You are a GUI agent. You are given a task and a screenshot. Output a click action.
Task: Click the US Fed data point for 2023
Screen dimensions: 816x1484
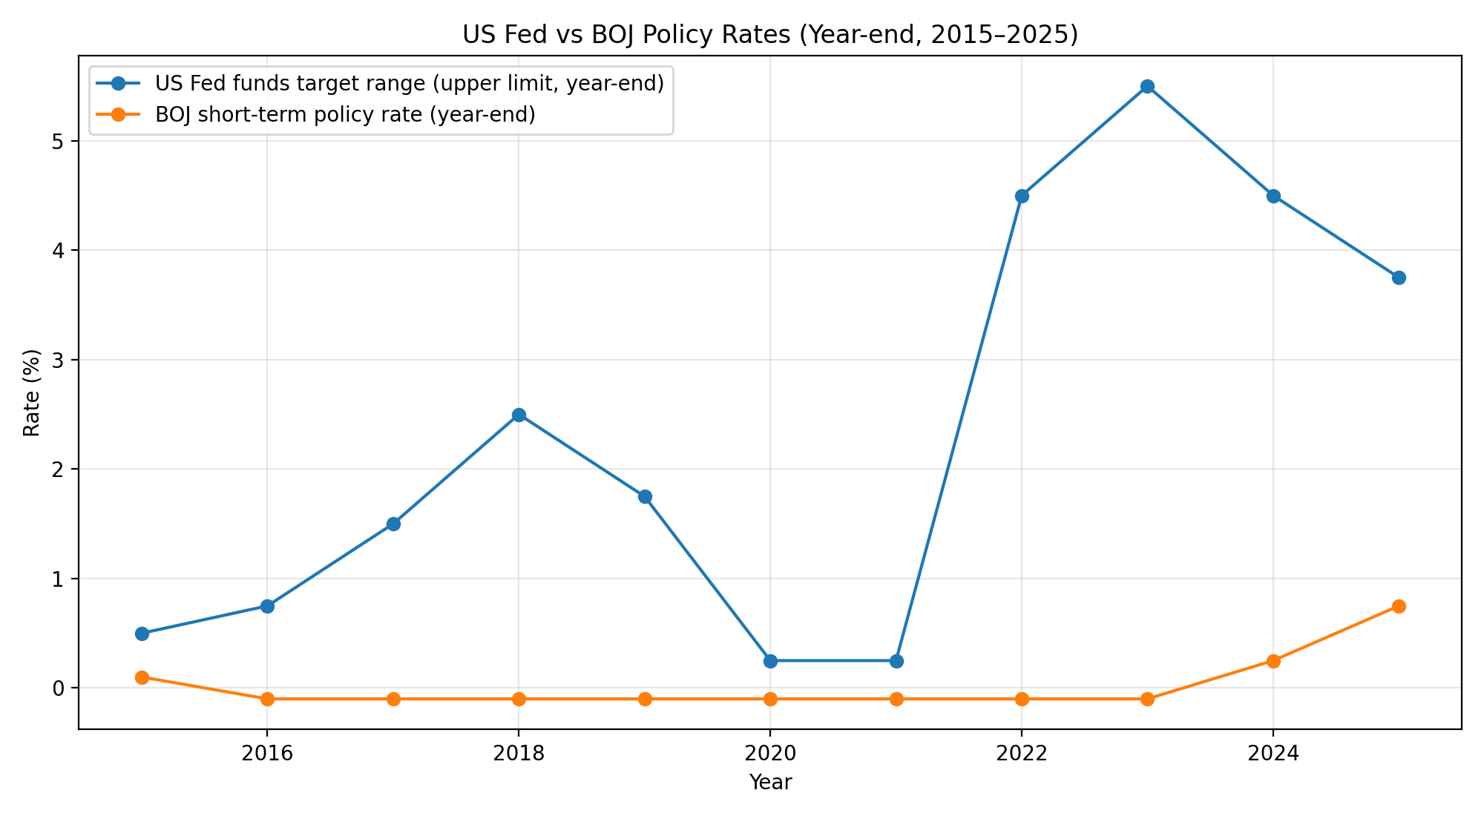pyautogui.click(x=1147, y=87)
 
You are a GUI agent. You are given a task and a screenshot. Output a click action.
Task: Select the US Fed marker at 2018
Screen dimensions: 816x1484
pyautogui.click(x=519, y=415)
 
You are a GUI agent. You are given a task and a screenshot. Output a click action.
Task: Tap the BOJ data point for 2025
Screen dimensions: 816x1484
pyautogui.click(x=1399, y=606)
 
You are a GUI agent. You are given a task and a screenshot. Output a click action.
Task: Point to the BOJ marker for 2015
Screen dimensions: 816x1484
pyautogui.click(x=142, y=677)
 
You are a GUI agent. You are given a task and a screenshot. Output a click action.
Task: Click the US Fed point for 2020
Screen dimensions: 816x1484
pyautogui.click(x=770, y=661)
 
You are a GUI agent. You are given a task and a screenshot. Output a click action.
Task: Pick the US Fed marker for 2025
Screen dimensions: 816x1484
pyautogui.click(x=1399, y=278)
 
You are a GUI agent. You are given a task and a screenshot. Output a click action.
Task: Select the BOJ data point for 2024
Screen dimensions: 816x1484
pyautogui.click(x=1273, y=661)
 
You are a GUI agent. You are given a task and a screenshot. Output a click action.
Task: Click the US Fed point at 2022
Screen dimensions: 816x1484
pyautogui.click(x=1022, y=196)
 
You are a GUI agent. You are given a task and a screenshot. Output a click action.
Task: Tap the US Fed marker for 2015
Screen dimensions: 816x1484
pyautogui.click(x=142, y=634)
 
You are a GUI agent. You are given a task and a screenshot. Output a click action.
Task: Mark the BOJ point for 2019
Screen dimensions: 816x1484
pyautogui.click(x=645, y=699)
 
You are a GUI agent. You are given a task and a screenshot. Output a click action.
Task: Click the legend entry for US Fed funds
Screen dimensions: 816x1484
pyautogui.click(x=409, y=84)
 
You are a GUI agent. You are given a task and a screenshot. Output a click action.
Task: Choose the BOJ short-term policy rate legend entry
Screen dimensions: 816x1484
pyautogui.click(x=345, y=115)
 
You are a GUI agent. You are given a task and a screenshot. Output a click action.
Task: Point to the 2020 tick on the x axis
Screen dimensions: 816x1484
pyautogui.click(x=770, y=754)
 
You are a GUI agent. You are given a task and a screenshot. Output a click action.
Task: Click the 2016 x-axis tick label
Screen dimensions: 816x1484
pyautogui.click(x=267, y=754)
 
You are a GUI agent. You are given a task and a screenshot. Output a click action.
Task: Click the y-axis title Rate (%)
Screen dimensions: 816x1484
pyautogui.click(x=31, y=392)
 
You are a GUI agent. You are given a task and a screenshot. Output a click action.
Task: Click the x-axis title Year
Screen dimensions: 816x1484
pyautogui.click(x=770, y=782)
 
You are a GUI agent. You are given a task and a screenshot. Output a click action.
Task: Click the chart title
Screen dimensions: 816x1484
pyautogui.click(x=770, y=35)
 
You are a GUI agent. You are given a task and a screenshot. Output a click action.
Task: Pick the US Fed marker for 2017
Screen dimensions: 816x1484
pyautogui.click(x=393, y=524)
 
